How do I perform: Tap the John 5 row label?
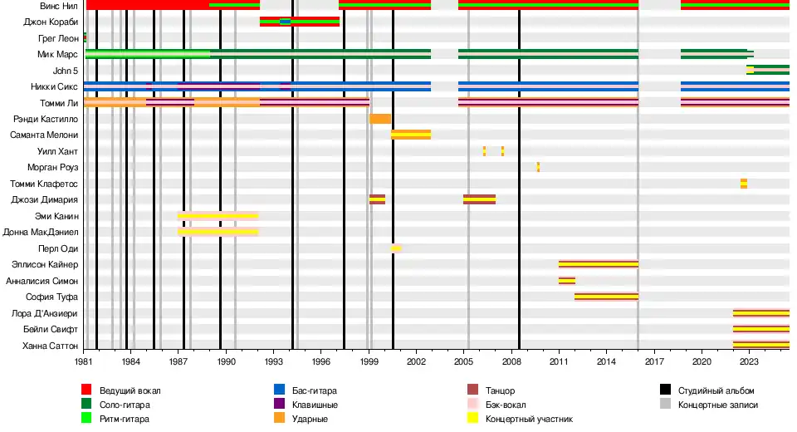[66, 71]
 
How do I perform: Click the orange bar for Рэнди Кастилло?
[379, 119]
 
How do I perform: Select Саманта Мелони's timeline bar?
[410, 135]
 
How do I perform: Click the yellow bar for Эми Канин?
[218, 216]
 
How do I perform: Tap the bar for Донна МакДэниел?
[218, 232]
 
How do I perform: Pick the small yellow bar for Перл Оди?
[396, 248]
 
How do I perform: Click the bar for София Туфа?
[606, 297]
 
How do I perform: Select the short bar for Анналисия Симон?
[567, 281]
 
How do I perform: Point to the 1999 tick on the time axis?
[369, 362]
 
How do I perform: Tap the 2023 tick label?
[748, 362]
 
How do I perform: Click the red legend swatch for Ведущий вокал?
[86, 390]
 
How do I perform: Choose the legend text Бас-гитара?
[315, 390]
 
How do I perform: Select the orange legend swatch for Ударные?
[280, 419]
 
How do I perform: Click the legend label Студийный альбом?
[716, 390]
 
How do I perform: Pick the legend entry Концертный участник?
[529, 419]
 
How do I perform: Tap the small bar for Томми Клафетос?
[744, 184]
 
